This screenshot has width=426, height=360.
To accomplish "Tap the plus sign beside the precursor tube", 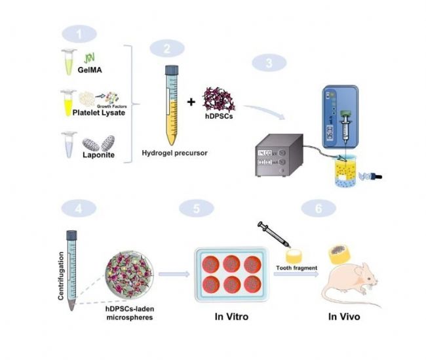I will coord(191,102).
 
